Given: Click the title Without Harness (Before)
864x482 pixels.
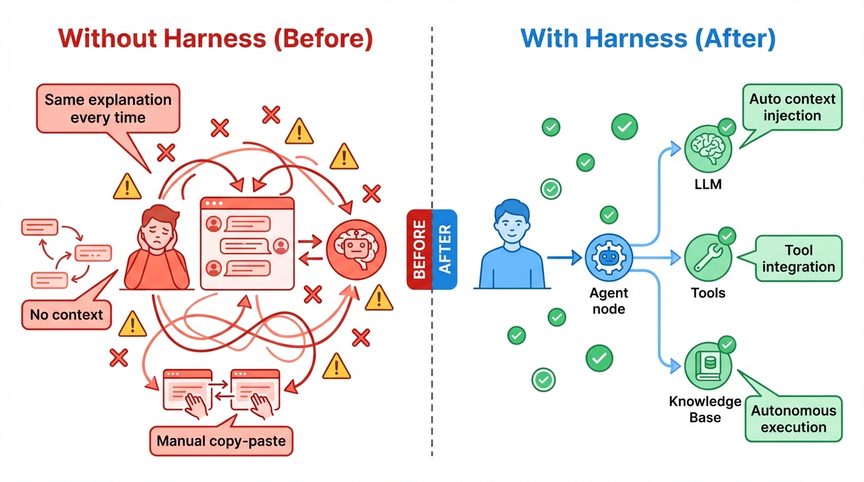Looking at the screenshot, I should (x=215, y=38).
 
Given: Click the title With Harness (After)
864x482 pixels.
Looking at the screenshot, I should (x=648, y=38).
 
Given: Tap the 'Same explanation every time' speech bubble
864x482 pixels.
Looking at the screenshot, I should (x=108, y=109).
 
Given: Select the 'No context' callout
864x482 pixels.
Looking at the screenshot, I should (x=66, y=314).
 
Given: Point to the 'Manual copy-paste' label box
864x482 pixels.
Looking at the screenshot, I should (x=221, y=441).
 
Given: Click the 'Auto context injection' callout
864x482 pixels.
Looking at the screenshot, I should (x=793, y=107).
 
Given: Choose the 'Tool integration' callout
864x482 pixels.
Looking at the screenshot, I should (x=798, y=259).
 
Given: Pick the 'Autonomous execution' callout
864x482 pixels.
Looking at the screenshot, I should (x=793, y=419).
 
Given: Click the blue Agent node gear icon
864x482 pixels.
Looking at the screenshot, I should (x=608, y=258).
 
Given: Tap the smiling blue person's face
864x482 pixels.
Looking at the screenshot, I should (x=512, y=223).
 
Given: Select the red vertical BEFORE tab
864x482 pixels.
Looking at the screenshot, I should (x=419, y=249).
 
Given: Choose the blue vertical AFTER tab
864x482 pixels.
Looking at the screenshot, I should (x=445, y=249).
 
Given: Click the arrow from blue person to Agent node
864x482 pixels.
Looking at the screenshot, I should (x=564, y=257).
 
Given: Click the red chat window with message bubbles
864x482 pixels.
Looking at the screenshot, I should (x=247, y=244).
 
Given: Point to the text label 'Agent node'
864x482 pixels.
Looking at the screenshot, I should (x=608, y=301).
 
